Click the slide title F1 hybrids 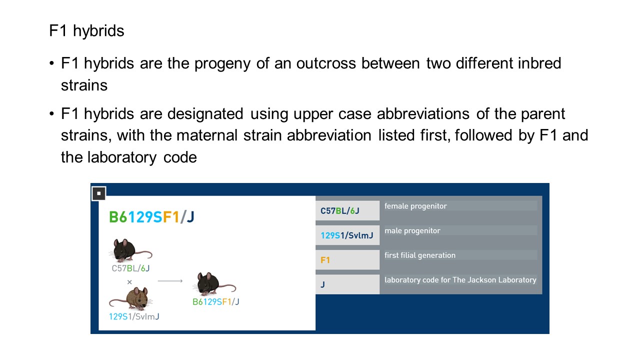click(x=86, y=30)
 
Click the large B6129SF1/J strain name click(x=151, y=217)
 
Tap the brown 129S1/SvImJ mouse click(x=131, y=299)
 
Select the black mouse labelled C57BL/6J click(x=130, y=250)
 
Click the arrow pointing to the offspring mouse click(x=170, y=281)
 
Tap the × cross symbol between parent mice click(x=129, y=282)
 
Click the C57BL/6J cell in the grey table click(x=347, y=210)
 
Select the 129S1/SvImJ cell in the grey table click(x=347, y=235)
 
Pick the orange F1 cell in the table click(x=347, y=259)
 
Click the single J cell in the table click(x=347, y=284)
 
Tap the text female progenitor click(x=415, y=206)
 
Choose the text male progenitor click(x=412, y=231)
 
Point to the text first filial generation click(x=420, y=255)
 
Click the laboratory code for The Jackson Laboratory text click(x=460, y=280)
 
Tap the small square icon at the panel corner click(x=99, y=193)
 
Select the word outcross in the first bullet click(x=326, y=63)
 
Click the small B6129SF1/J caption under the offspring click(x=215, y=301)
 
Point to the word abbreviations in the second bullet click(x=423, y=113)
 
